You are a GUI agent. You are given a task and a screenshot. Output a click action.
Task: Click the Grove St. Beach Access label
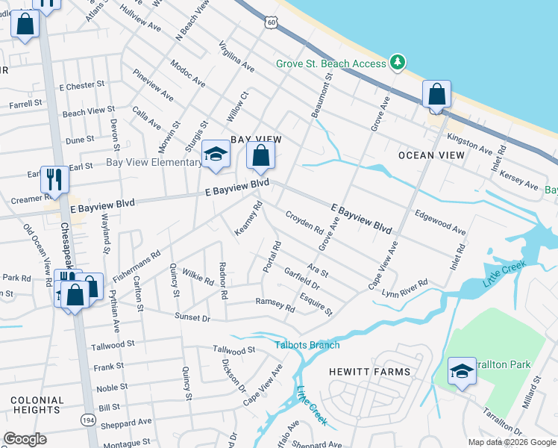point(331,63)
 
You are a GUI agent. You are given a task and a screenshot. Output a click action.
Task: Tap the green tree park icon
point(398,62)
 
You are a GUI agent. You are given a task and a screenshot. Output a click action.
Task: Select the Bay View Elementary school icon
point(216,155)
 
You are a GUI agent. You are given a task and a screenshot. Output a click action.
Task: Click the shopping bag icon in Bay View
point(261,157)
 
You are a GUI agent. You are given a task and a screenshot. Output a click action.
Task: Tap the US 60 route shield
point(272,24)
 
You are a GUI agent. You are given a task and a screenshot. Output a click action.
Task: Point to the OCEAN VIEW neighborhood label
point(432,155)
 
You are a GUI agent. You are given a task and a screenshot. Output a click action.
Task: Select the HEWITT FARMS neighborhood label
point(369,371)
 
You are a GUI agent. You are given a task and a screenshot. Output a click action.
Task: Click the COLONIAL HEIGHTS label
point(37,405)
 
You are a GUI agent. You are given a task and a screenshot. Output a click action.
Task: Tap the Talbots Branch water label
point(307,345)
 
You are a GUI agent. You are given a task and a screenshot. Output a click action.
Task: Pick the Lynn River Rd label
point(404,288)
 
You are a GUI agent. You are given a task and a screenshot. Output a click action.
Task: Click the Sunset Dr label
point(192,317)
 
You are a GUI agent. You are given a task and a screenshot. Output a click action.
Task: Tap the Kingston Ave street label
point(469,144)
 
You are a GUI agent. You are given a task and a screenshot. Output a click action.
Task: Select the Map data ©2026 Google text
point(511,442)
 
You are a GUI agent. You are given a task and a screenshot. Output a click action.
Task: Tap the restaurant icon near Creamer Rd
point(53,179)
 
